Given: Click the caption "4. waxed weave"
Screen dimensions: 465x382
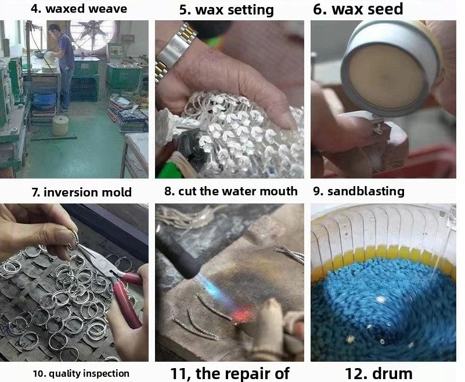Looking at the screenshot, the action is pos(79,9).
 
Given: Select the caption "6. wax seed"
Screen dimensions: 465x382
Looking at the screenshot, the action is pos(358,9).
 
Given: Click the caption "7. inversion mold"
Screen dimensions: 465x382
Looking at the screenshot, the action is pos(81,192).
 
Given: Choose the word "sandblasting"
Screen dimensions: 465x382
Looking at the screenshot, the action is pos(366,191).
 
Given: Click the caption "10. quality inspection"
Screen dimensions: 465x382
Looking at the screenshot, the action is pos(81,373).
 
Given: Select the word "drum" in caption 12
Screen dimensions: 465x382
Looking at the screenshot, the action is pos(392,374).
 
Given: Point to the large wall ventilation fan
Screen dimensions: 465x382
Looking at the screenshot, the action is pos(92,35).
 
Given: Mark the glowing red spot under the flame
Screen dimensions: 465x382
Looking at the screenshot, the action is pos(242,315).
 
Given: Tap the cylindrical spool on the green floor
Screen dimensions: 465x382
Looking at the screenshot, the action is pos(61,125).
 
